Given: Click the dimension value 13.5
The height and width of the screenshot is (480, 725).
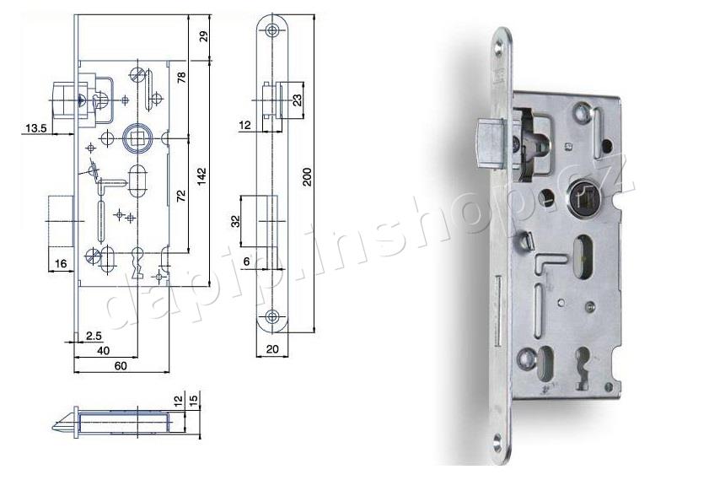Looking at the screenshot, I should (x=35, y=128).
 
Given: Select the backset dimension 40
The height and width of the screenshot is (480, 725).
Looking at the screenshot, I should (x=104, y=350).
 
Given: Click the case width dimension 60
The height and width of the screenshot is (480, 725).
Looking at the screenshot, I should (x=120, y=366).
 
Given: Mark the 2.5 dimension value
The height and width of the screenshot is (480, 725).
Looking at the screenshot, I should (x=94, y=336).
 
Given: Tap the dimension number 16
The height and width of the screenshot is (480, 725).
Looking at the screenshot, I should (x=61, y=264).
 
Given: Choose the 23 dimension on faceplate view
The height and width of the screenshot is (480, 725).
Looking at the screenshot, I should (x=297, y=100).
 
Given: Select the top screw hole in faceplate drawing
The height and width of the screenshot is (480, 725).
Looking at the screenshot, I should (x=271, y=30).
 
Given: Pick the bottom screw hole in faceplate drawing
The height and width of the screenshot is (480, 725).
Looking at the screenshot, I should (x=271, y=317).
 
